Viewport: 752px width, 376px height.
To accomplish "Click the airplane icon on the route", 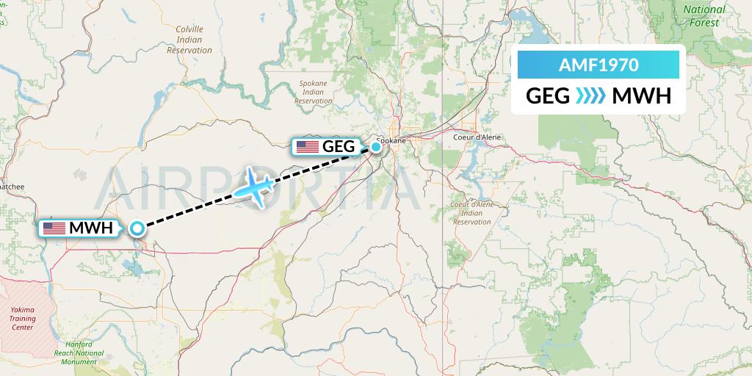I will pos(254,187).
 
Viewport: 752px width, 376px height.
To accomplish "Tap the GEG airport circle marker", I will pos(375,147).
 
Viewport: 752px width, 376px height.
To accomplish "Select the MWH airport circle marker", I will pos(137,228).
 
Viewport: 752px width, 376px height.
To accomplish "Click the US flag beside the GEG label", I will pos(307,147).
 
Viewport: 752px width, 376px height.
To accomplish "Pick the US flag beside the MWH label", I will pos(54,228).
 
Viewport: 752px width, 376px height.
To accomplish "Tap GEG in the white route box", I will pos(548,96).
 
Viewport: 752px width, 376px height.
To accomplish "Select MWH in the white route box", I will pos(641,96).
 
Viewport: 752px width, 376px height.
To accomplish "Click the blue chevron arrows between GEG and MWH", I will pos(590,96).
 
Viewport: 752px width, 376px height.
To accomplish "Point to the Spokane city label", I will pos(391,140).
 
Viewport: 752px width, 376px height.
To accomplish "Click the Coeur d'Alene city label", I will pos(477,137).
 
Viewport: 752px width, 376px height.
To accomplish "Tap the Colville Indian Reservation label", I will pos(189,40).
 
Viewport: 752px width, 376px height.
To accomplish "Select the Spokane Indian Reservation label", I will pos(313,93).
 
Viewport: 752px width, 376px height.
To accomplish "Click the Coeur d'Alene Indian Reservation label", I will pos(472,212).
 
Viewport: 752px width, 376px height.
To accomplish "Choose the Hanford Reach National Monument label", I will pos(79,354).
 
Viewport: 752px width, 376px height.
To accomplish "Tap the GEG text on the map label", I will pos(339,147).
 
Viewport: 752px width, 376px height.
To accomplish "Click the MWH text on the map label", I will pos(91,228).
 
